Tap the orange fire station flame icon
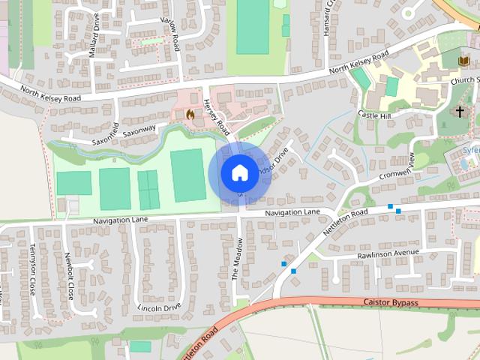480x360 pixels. click(x=190, y=115)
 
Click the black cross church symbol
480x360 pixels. click(x=459, y=112)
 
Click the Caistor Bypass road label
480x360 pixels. click(x=390, y=302)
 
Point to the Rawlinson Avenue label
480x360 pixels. click(x=388, y=253)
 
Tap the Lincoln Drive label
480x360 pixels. click(x=160, y=307)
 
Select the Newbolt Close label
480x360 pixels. click(x=69, y=275)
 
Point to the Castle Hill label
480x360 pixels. click(x=375, y=115)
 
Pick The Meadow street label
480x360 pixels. click(x=235, y=259)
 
